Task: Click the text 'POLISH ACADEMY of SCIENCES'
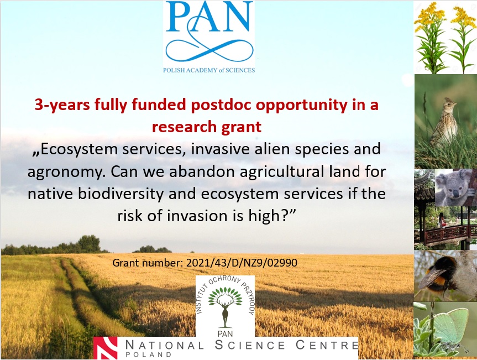(x=209, y=70)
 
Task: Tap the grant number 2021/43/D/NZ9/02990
(x=242, y=263)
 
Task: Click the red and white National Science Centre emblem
(x=105, y=348)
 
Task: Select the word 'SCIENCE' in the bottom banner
(x=250, y=345)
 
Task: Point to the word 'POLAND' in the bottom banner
(x=149, y=354)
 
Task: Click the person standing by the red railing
(x=441, y=220)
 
